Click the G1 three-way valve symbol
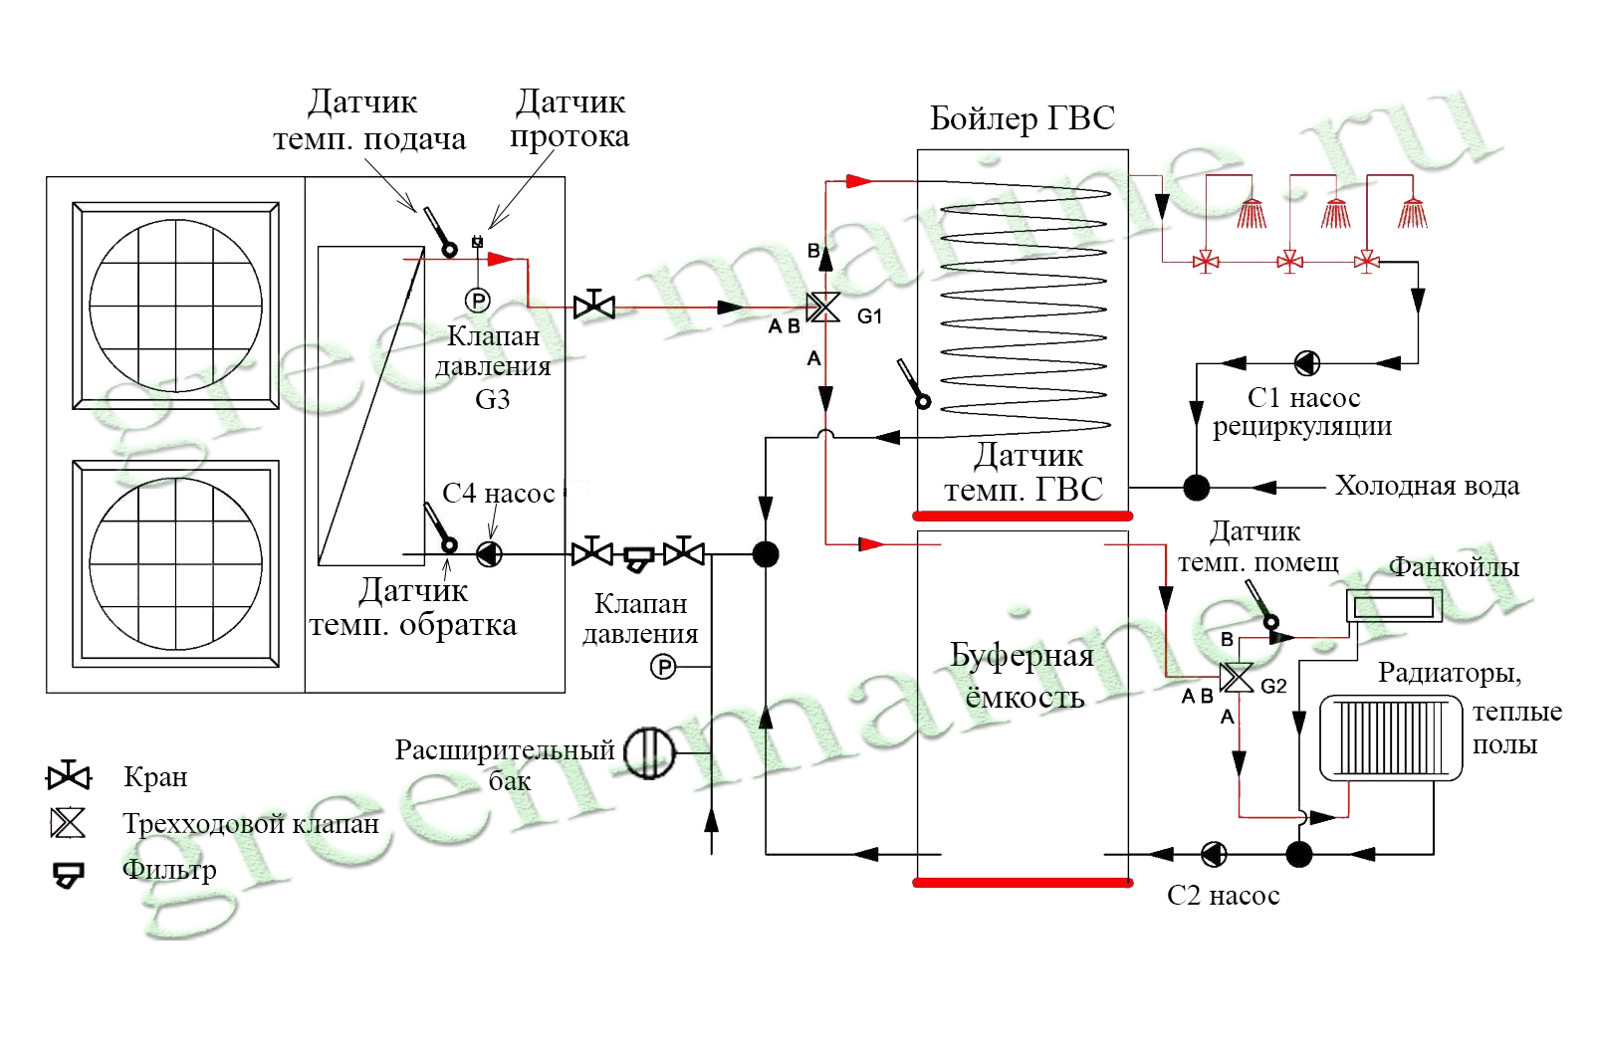point(824,308)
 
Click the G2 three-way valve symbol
point(1237,678)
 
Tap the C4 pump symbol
point(490,554)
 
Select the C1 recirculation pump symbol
point(1307,363)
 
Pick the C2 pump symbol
point(1215,854)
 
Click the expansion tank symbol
point(649,752)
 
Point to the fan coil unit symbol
point(1394,606)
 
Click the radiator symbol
point(1391,738)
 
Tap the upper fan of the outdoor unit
point(175,306)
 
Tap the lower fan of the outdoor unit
point(175,563)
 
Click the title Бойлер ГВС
point(1023,118)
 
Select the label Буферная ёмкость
point(1023,676)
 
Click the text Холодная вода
point(1428,486)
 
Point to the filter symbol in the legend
point(69,875)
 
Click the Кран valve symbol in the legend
point(69,775)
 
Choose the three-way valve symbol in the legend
point(69,823)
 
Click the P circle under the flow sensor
point(477,301)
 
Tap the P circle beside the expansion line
point(663,668)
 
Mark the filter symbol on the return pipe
point(638,558)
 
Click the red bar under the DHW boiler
point(1023,517)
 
